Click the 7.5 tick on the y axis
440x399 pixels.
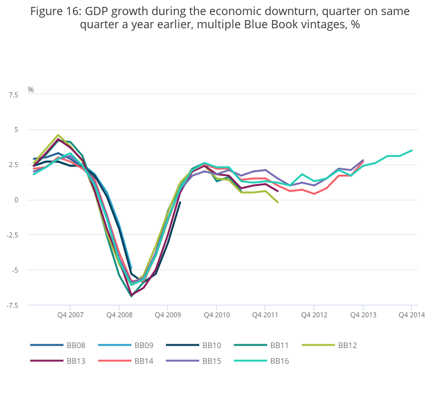pyautogui.click(x=13, y=95)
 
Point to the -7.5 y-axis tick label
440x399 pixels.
pyautogui.click(x=11, y=305)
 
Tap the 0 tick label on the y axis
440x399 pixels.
pyautogui.click(x=16, y=200)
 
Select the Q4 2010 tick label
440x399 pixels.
pyautogui.click(x=216, y=315)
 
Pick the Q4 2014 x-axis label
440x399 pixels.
pyautogui.click(x=412, y=315)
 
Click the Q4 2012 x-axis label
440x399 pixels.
pyautogui.click(x=314, y=315)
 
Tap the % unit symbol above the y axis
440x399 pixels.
pyautogui.click(x=30, y=90)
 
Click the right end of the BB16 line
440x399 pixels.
pyautogui.click(x=412, y=150)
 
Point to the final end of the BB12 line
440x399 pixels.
pyautogui.click(x=278, y=202)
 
